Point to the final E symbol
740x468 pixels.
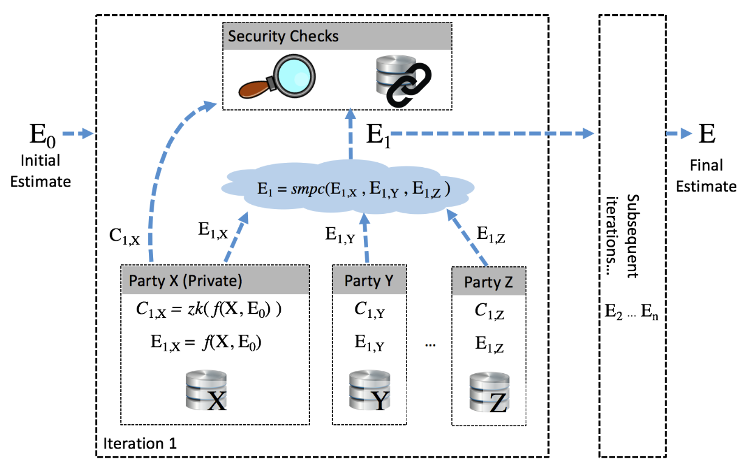(x=707, y=133)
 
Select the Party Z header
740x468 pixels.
(x=489, y=282)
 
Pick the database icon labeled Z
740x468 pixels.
(x=488, y=394)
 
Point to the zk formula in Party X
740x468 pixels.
(x=209, y=310)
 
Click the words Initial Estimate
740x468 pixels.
(x=41, y=171)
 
